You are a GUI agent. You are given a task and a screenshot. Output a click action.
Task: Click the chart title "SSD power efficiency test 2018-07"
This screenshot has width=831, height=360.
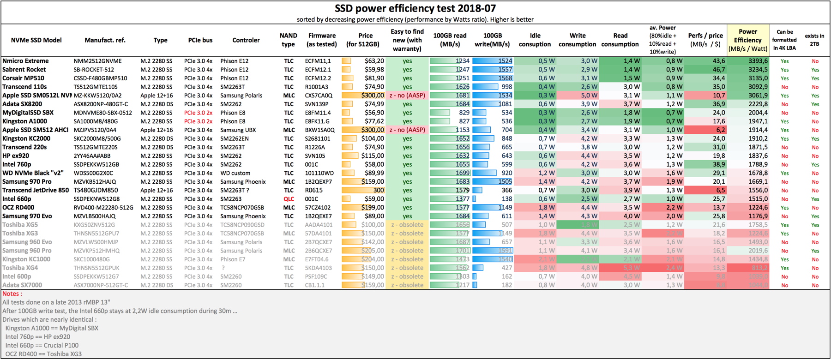pyautogui.click(x=415, y=8)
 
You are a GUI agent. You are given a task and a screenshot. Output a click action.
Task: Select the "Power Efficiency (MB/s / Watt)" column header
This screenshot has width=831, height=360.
pyautogui.click(x=748, y=40)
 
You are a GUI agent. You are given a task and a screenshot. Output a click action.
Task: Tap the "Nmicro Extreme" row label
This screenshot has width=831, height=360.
pyautogui.click(x=25, y=61)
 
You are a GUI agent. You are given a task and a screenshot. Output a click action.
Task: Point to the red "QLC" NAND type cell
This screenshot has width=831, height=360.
pyautogui.click(x=289, y=199)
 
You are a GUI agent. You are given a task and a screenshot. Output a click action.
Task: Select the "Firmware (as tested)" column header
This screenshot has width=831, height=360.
pyautogui.click(x=322, y=40)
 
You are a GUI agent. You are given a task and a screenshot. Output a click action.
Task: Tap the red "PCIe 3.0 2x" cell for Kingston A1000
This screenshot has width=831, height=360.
pyautogui.click(x=199, y=121)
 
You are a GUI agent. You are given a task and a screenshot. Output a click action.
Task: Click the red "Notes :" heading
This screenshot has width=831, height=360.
pyautogui.click(x=12, y=294)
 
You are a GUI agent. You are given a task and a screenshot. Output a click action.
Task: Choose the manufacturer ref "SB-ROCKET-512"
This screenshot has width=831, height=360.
pyautogui.click(x=94, y=70)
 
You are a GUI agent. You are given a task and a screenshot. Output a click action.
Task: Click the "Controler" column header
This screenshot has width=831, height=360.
pyautogui.click(x=246, y=40)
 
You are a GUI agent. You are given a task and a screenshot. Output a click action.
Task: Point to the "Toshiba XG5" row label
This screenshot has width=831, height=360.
pyautogui.click(x=20, y=225)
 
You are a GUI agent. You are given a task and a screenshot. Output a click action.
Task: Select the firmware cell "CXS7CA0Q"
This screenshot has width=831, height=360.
pyautogui.click(x=319, y=96)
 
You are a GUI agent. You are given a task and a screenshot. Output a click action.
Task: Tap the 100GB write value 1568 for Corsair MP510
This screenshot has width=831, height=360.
pyautogui.click(x=505, y=78)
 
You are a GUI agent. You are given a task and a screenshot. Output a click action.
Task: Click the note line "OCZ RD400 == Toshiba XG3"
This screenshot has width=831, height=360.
pyautogui.click(x=43, y=354)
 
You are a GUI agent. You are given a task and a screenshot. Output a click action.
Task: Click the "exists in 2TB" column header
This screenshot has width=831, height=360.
pyautogui.click(x=814, y=40)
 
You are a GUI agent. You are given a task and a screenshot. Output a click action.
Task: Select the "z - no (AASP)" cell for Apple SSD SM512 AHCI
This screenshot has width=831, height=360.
pyautogui.click(x=407, y=130)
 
